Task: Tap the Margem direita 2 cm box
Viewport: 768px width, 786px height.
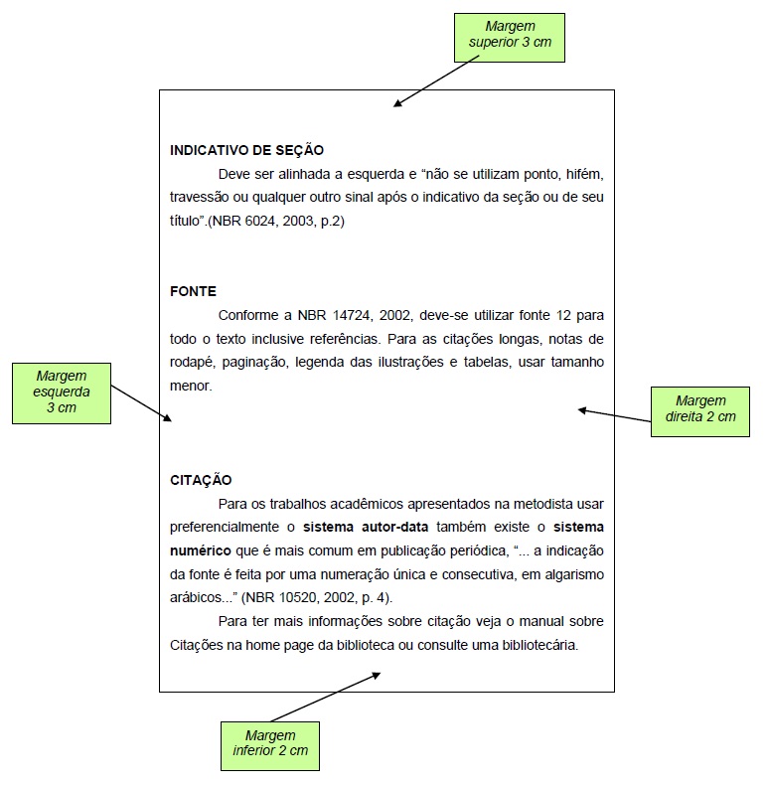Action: click(x=699, y=408)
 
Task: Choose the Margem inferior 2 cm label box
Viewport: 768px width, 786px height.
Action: click(x=270, y=742)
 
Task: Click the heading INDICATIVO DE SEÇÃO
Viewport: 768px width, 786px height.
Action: click(x=247, y=150)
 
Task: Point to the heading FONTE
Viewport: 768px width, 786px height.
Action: click(x=193, y=291)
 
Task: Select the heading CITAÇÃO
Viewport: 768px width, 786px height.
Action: click(x=201, y=480)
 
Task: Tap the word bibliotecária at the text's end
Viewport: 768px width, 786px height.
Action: click(x=541, y=644)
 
